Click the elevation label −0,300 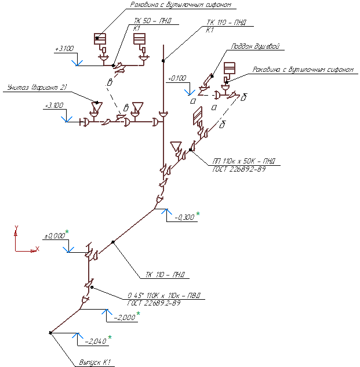185,217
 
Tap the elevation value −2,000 125,318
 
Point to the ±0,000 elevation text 55,237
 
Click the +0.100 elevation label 177,78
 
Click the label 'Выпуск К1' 94,363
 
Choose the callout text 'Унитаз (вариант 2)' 37,88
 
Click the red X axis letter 37,249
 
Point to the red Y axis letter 17,227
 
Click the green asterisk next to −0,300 198,215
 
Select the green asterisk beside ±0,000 67,232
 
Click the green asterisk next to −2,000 139,314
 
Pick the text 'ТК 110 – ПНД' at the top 226,22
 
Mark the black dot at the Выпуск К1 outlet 51,332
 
